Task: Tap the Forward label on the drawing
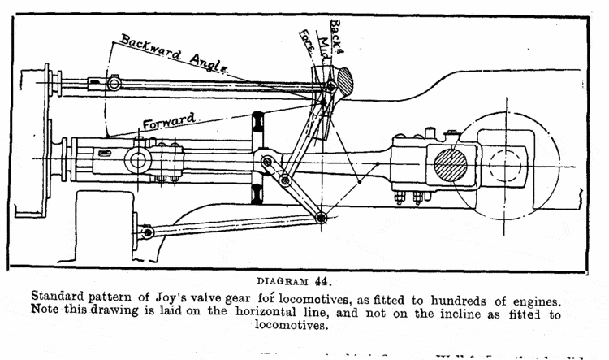pos(168,120)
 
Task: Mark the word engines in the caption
pos(557,297)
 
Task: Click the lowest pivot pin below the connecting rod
pos(322,217)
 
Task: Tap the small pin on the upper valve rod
pos(114,84)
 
